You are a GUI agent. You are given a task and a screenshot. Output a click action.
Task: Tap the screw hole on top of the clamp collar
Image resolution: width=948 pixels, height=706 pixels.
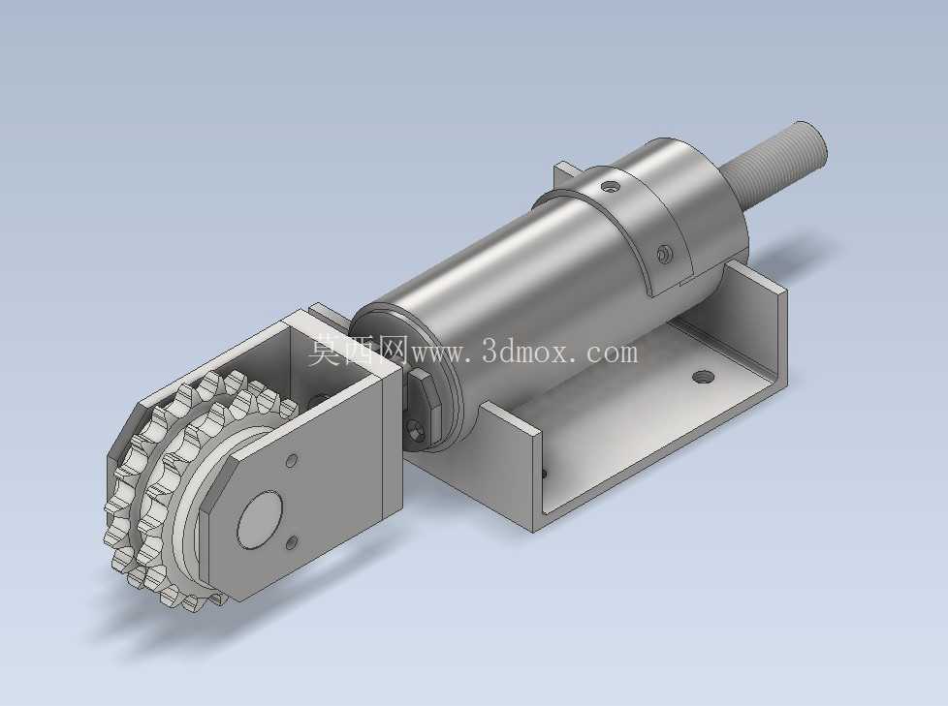[x=610, y=188]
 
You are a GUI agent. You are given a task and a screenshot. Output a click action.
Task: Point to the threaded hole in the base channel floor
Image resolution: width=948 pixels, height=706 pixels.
[x=702, y=378]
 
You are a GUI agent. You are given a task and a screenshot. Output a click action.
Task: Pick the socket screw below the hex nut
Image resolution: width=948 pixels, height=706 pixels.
[x=417, y=433]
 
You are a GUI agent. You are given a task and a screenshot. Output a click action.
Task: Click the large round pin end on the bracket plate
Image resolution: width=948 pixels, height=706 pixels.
[x=261, y=519]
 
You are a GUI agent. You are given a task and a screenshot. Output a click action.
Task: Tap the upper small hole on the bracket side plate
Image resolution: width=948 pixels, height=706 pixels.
[x=292, y=461]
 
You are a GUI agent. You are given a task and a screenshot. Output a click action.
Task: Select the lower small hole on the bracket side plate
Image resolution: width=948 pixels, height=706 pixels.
[x=292, y=542]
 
